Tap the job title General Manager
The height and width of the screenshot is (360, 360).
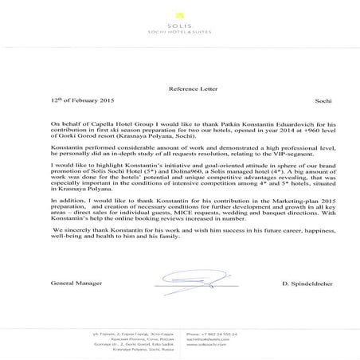(75, 283)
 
